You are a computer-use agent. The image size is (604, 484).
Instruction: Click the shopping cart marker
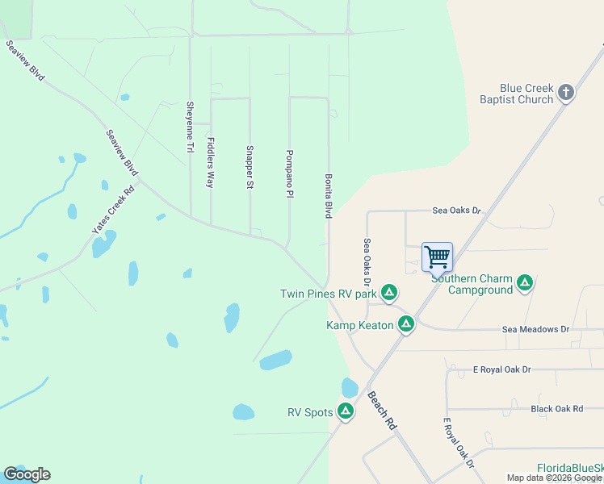(437, 257)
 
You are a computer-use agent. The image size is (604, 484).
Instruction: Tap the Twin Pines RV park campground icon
(389, 293)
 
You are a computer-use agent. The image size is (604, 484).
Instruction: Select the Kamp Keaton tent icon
(405, 324)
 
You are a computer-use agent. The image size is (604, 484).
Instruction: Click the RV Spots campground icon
(346, 411)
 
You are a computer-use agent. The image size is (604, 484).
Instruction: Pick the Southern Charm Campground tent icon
(525, 282)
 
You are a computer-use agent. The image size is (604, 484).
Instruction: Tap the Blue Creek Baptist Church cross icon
(566, 92)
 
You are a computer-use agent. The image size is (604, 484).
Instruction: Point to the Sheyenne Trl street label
(191, 127)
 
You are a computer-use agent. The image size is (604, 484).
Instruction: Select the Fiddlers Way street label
(211, 163)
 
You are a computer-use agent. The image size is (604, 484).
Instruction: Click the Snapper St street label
(250, 168)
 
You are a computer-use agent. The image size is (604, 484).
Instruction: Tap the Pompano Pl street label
(288, 173)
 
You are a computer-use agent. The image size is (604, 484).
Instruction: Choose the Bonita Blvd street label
(329, 195)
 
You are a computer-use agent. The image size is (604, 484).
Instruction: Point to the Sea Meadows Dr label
(535, 329)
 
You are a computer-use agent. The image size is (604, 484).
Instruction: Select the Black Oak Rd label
(556, 409)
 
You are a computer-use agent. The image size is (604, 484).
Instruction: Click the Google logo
(27, 474)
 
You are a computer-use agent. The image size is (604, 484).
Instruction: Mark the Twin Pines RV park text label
(329, 294)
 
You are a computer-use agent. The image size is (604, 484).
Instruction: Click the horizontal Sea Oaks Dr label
(456, 210)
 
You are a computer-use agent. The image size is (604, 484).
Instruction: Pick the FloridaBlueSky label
(570, 468)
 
